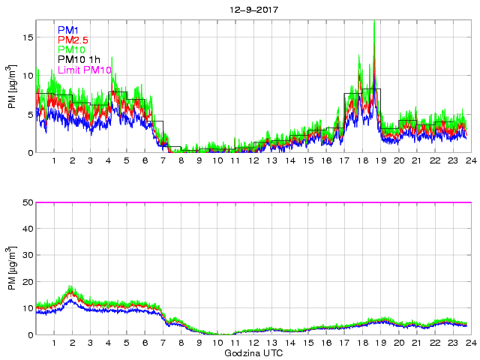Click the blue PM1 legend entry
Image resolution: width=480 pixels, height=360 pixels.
point(67,29)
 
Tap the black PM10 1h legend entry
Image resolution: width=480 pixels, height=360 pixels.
point(79,59)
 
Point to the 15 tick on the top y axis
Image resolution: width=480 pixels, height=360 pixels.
point(28,36)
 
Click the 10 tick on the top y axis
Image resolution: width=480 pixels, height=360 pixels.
point(28,75)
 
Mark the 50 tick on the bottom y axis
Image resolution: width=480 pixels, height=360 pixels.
point(27,202)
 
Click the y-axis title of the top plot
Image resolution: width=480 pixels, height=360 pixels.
point(13,86)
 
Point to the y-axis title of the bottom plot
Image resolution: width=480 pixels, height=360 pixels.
point(13,268)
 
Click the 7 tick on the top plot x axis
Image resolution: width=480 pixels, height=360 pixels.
point(163,160)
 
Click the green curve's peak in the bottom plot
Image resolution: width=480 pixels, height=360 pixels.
point(71,286)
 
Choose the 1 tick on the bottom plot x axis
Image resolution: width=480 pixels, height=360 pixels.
point(55,343)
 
